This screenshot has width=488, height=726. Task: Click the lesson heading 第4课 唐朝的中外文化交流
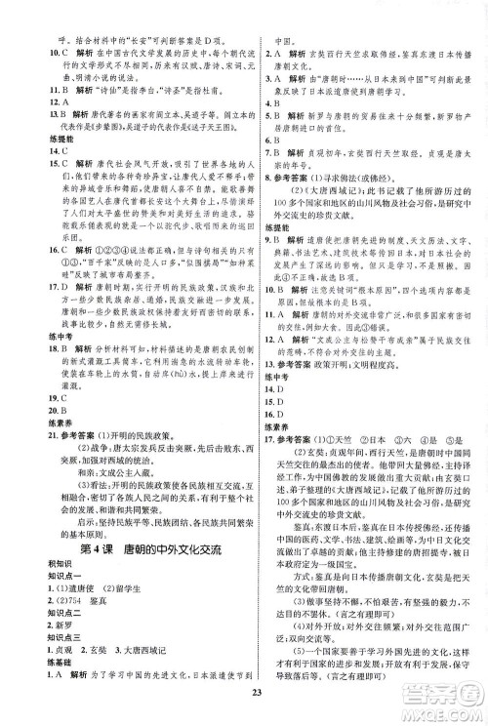tap(126, 549)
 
